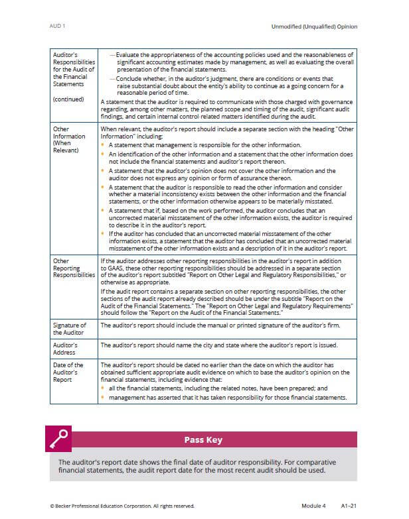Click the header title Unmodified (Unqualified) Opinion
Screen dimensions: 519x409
[315, 27]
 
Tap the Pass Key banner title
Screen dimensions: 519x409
[203, 439]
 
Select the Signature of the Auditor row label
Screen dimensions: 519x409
[70, 329]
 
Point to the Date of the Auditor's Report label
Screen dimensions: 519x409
[68, 373]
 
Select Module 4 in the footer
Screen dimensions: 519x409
[313, 505]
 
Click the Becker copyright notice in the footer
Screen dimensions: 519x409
[122, 505]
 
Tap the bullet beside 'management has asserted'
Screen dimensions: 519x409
[103, 398]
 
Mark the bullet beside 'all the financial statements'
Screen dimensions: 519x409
[103, 388]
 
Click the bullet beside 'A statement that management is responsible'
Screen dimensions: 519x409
[103, 144]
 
